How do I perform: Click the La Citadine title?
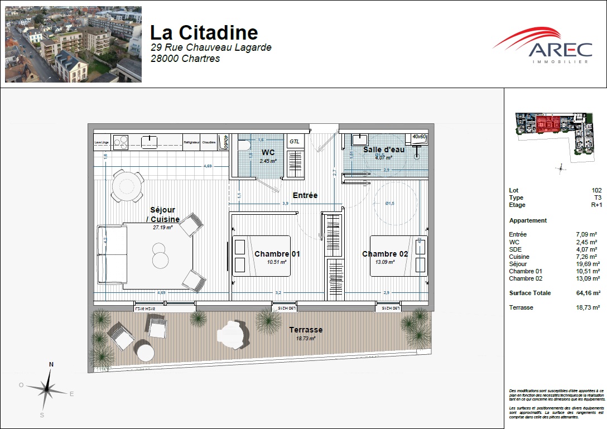pos(204,32)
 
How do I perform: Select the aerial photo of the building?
pos(73,45)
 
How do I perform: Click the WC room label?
pos(268,152)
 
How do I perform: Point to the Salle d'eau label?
pos(383,150)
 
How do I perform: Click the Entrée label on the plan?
pos(305,195)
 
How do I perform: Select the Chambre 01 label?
pos(277,254)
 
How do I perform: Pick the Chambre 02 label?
pos(385,254)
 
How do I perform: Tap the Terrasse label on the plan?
pos(306,330)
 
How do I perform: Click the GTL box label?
pos(294,142)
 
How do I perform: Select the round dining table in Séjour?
pos(127,185)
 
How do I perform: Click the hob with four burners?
pos(121,142)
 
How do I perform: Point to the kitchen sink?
pos(149,142)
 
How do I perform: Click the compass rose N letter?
pos(51,364)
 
